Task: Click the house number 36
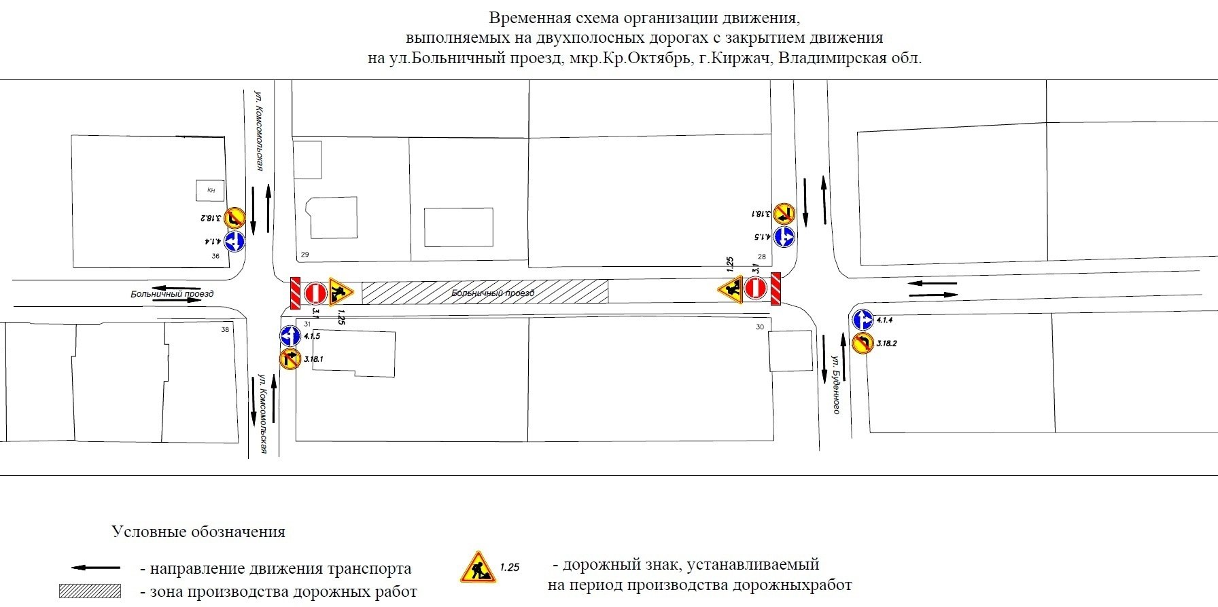pyautogui.click(x=215, y=256)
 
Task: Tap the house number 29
pyautogui.click(x=304, y=255)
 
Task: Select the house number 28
pyautogui.click(x=762, y=257)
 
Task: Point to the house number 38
pyautogui.click(x=225, y=330)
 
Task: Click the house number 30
pyautogui.click(x=760, y=327)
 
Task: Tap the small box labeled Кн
pyautogui.click(x=211, y=191)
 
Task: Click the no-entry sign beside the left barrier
pyautogui.click(x=315, y=293)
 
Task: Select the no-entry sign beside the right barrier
pyautogui.click(x=756, y=288)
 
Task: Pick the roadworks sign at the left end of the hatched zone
pyautogui.click(x=339, y=291)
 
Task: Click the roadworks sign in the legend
pyautogui.click(x=478, y=568)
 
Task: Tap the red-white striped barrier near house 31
pyautogui.click(x=295, y=293)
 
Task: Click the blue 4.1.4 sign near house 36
pyautogui.click(x=234, y=241)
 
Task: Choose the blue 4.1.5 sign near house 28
pyautogui.click(x=784, y=237)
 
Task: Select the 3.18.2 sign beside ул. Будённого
pyautogui.click(x=863, y=343)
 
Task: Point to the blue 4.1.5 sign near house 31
pyautogui.click(x=290, y=335)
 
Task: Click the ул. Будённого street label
pyautogui.click(x=837, y=384)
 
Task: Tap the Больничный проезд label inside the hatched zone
pyautogui.click(x=493, y=293)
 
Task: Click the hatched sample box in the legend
pyautogui.click(x=90, y=591)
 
